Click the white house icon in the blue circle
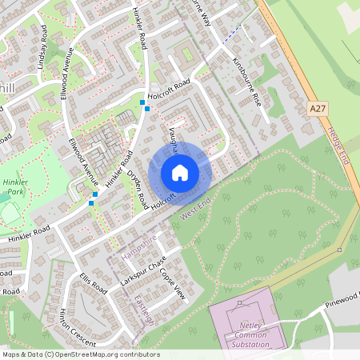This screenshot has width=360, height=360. [x=180, y=172]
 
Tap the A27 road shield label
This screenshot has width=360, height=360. [x=317, y=106]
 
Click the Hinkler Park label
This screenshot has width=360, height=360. [x=14, y=187]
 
